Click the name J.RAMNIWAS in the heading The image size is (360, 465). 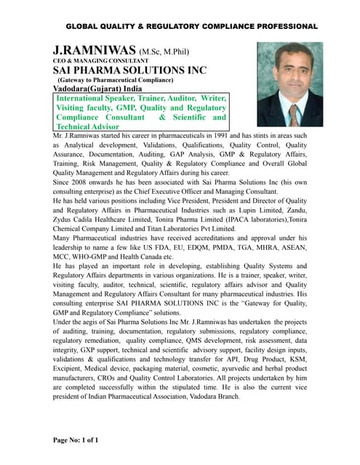95,50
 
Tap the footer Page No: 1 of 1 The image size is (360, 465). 77,439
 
